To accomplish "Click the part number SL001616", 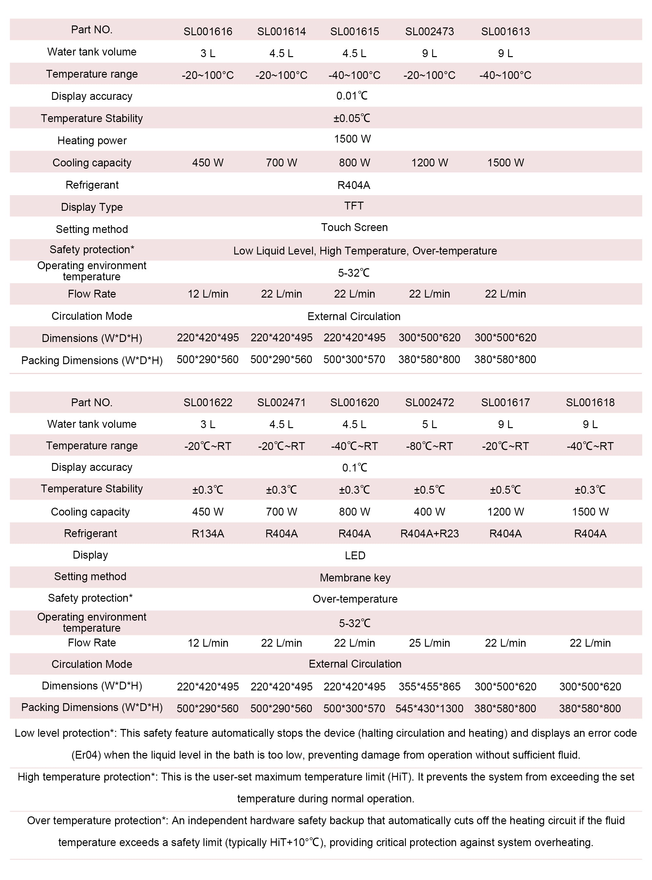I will [x=208, y=32].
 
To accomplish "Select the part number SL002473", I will [x=429, y=32].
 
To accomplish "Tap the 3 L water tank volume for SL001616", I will [x=208, y=53].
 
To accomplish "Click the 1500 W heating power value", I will [x=352, y=139].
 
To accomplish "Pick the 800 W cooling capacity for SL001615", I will [x=354, y=163].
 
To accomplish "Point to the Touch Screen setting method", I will [x=354, y=227].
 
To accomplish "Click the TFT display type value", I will [x=354, y=206].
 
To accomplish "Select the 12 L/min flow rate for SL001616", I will [x=208, y=294].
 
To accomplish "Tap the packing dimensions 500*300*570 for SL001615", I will [x=354, y=360].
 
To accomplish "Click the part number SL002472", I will [x=429, y=403].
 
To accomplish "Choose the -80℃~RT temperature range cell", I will [x=429, y=446].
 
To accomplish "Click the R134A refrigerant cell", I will [x=208, y=533].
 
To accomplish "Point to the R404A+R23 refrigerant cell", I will [x=429, y=533].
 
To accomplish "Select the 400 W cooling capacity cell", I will [x=429, y=512].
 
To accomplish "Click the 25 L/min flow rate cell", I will [x=429, y=643].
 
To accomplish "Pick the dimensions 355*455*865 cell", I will [x=429, y=687].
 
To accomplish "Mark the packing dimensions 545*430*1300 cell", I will [x=429, y=709].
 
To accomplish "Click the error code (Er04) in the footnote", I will [x=86, y=755].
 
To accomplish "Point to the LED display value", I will [x=355, y=556].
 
